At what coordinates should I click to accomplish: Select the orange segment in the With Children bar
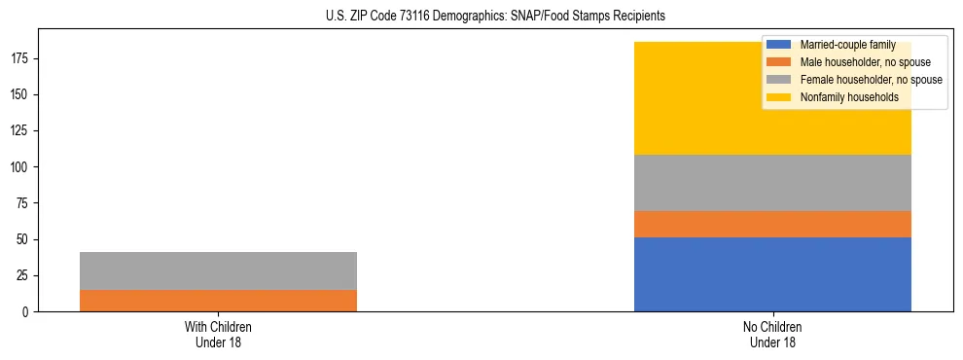[218, 301]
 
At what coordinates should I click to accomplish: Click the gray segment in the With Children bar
[218, 270]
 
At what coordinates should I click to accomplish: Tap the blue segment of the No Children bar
[772, 274]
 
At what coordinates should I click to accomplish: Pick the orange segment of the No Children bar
[772, 225]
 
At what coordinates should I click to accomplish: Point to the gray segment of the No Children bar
[772, 183]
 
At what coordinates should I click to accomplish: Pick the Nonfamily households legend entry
[842, 97]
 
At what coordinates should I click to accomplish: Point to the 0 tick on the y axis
[28, 312]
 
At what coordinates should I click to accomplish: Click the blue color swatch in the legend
[779, 45]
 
